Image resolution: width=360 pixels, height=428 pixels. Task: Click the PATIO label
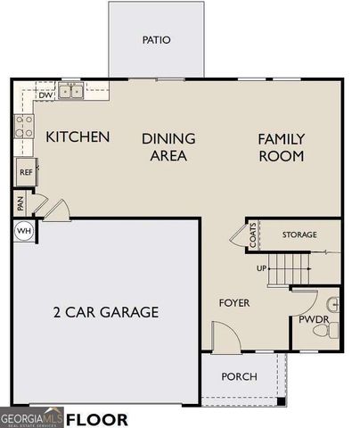[x=156, y=40]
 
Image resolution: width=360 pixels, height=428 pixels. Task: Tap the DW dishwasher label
[x=45, y=95]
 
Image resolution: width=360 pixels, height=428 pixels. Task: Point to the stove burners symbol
[x=24, y=128]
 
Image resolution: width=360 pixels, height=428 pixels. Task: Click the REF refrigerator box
[x=26, y=172]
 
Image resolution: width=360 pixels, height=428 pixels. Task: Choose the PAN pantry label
[x=20, y=203]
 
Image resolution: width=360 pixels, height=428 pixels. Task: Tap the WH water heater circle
[x=24, y=231]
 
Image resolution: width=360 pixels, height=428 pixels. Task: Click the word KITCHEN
[x=78, y=137]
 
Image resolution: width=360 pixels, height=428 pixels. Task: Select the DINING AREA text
[x=168, y=147]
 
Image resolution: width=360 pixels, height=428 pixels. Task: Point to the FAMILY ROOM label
[x=281, y=147]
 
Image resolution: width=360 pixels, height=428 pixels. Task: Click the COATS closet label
[x=253, y=235]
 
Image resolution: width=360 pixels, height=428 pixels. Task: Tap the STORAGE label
[x=299, y=235]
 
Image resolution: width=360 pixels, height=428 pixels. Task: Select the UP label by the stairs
[x=262, y=267]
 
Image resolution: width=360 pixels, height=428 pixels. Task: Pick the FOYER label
[x=234, y=303]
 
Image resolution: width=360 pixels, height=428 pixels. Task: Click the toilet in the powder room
[x=326, y=331]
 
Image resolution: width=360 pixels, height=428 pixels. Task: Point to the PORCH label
[x=239, y=376]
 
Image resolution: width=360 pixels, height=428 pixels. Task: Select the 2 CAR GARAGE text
[x=105, y=312]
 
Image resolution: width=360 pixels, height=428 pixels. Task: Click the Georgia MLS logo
[x=32, y=417]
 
